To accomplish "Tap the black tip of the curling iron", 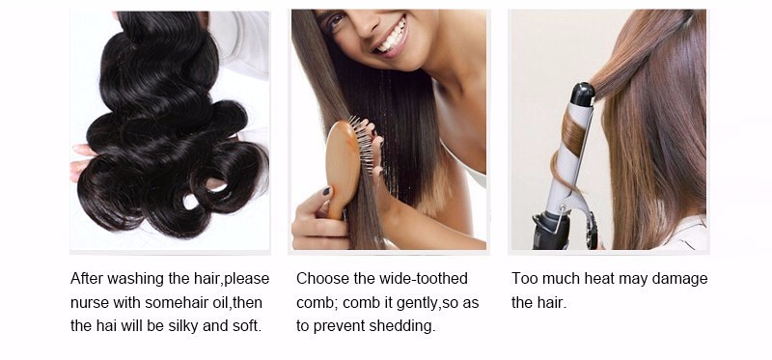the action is [583, 94].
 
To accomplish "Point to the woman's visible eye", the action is [336, 20].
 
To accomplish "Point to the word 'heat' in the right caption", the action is [599, 279].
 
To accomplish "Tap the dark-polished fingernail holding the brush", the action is [325, 191].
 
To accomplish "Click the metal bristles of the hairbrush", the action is [364, 144].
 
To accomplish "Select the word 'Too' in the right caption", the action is [522, 279].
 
